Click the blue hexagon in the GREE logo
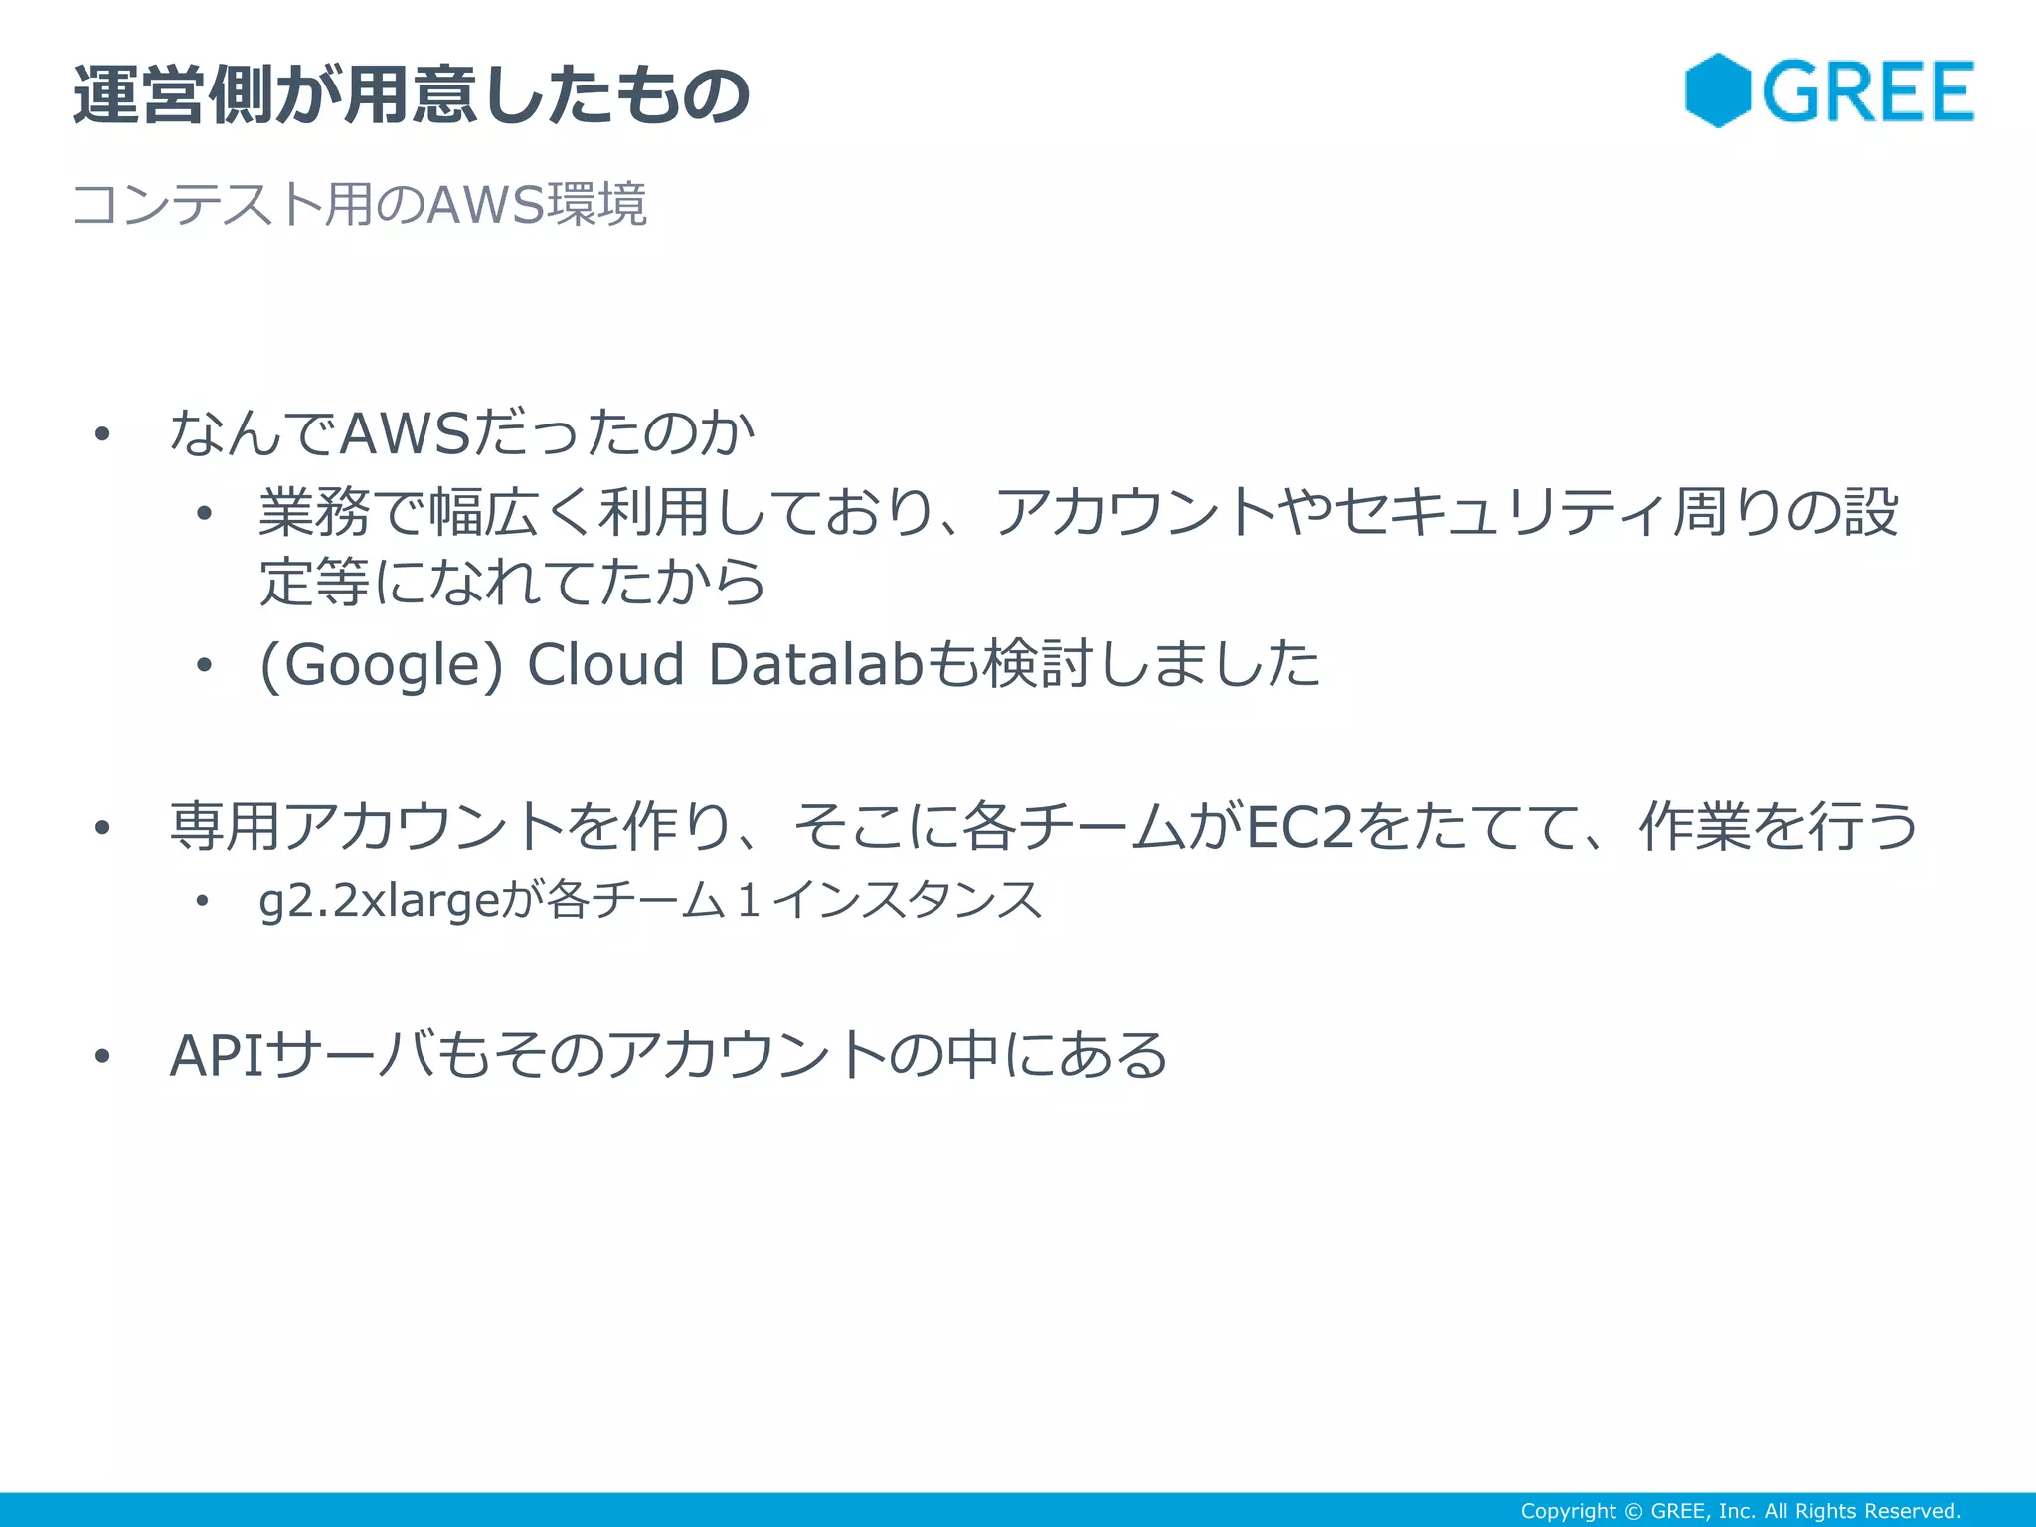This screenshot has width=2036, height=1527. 1717,90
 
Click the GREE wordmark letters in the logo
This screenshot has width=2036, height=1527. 1868,92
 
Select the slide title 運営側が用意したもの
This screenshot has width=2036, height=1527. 411,95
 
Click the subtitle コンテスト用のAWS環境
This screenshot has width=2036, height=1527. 359,205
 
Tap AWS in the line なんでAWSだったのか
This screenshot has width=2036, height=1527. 405,433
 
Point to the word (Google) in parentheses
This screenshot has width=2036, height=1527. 382,664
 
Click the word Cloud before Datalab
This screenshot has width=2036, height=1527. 605,664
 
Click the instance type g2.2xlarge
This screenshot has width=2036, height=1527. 378,901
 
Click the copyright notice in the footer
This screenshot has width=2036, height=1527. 1740,1511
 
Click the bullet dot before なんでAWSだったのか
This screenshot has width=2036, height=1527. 101,434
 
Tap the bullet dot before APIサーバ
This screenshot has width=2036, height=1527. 101,1056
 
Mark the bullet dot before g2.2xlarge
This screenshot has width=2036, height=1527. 203,902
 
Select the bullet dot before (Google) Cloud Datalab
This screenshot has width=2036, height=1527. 204,664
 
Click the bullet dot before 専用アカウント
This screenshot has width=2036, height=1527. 101,827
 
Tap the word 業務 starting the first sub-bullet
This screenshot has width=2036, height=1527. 314,513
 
